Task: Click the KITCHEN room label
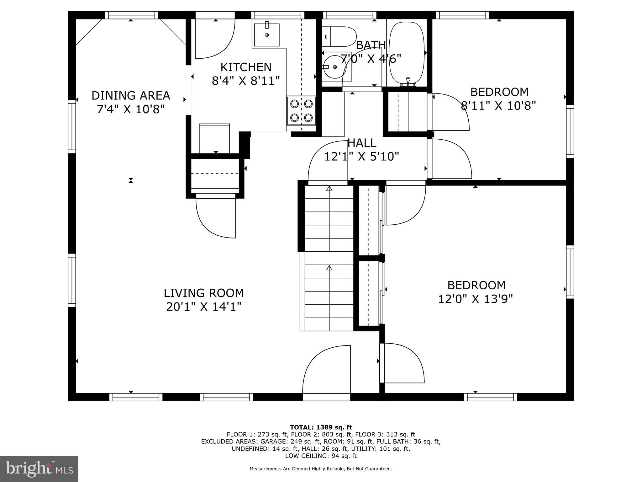246,67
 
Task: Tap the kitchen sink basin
266,35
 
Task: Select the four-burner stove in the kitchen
301,110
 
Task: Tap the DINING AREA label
131,95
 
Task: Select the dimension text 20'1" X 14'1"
204,307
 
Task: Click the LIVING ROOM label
204,293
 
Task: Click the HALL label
362,143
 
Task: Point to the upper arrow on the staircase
329,189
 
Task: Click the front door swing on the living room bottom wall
326,370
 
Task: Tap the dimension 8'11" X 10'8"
498,106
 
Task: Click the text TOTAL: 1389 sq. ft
321,427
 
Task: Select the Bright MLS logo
39,469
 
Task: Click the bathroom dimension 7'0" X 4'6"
371,59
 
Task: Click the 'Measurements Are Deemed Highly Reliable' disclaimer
321,469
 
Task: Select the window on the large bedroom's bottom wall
490,397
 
